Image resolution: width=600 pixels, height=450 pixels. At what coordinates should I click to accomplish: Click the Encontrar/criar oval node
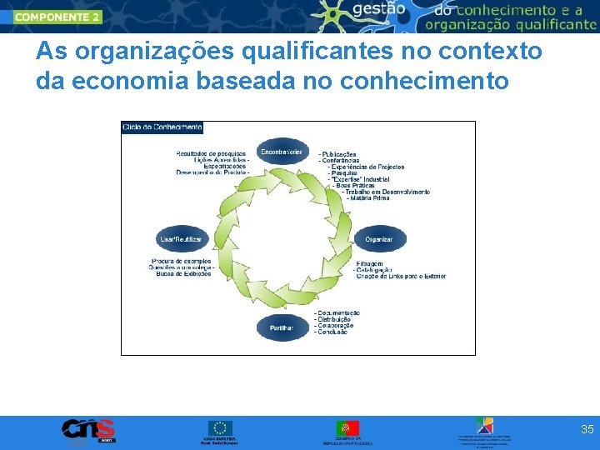point(281,152)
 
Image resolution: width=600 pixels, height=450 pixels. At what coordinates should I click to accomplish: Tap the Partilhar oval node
point(281,328)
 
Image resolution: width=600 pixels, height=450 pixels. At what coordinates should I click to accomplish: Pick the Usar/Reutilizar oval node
point(181,239)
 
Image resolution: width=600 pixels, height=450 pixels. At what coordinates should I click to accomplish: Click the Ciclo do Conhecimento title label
point(162,127)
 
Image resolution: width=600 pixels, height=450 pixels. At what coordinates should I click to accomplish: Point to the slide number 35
point(587,430)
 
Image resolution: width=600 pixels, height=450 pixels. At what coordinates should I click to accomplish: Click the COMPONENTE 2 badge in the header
point(57,16)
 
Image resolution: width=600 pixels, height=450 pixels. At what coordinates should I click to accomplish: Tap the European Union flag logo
point(220,428)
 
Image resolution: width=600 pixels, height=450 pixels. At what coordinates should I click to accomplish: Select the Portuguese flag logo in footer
point(347,428)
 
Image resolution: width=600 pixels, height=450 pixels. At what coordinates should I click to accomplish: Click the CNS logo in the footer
point(87,430)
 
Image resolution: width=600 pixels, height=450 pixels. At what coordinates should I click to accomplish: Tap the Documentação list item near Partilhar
point(339,312)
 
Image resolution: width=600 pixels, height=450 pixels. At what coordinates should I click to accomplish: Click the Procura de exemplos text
point(182,261)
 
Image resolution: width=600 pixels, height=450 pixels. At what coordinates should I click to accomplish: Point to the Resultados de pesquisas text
point(211,154)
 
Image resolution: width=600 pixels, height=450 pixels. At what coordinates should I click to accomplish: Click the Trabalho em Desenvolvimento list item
point(387,192)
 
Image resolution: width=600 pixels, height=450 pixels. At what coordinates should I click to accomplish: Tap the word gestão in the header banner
point(379,9)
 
